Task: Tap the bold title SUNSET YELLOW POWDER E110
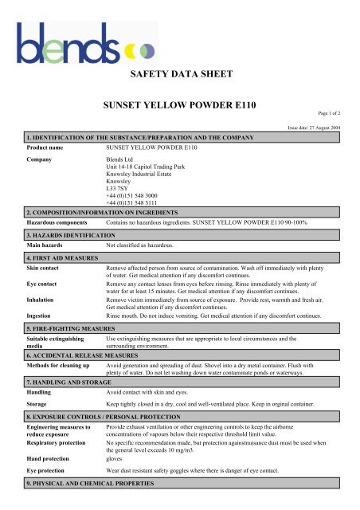click(180, 106)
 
